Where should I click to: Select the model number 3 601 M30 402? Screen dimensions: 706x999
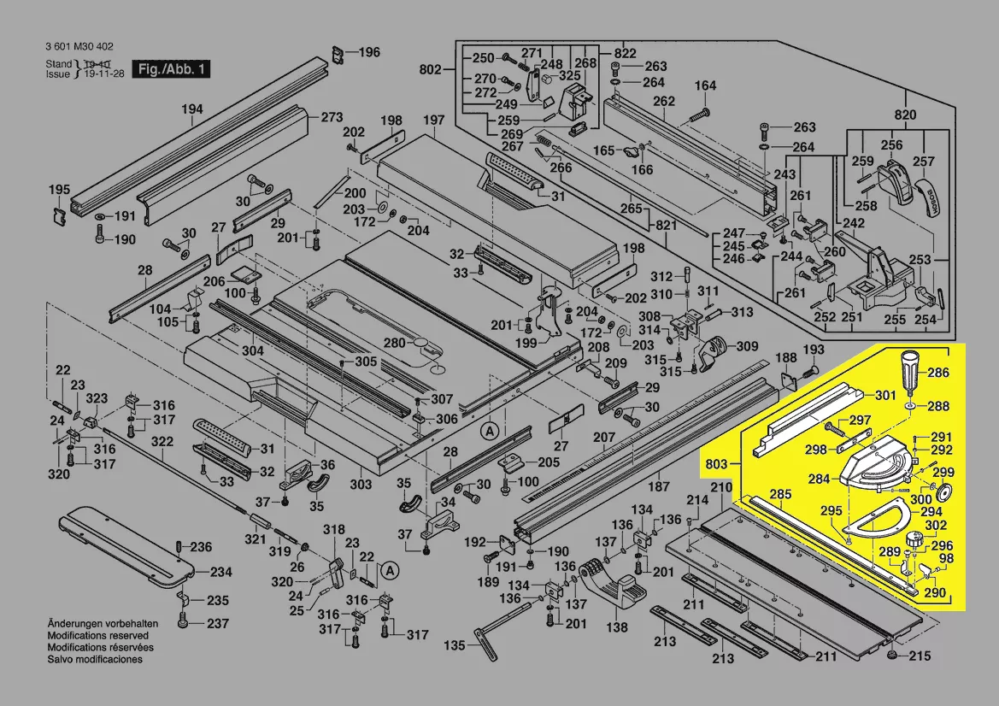coord(79,47)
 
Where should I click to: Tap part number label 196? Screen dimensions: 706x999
coord(368,52)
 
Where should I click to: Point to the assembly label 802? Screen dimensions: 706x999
coord(432,68)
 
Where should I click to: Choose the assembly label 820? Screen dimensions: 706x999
coord(905,115)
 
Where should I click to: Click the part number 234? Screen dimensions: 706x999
coord(220,573)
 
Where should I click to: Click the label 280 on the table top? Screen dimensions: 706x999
coord(394,343)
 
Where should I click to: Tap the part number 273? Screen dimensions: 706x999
coord(332,117)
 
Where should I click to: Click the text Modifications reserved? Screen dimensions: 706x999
coord(97,636)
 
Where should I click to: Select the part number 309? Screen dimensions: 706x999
coord(747,346)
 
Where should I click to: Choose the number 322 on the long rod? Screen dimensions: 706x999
coord(162,442)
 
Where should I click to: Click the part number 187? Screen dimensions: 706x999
coord(658,486)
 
